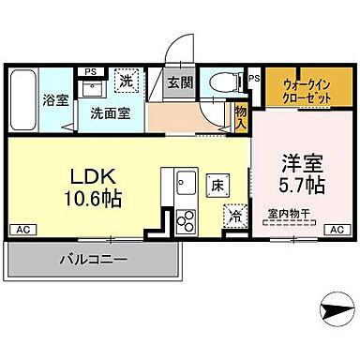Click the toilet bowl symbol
(x=227, y=82)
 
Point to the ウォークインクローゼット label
(x=302, y=90)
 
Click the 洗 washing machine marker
(x=127, y=82)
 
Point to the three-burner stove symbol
(x=185, y=221)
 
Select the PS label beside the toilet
(x=255, y=79)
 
